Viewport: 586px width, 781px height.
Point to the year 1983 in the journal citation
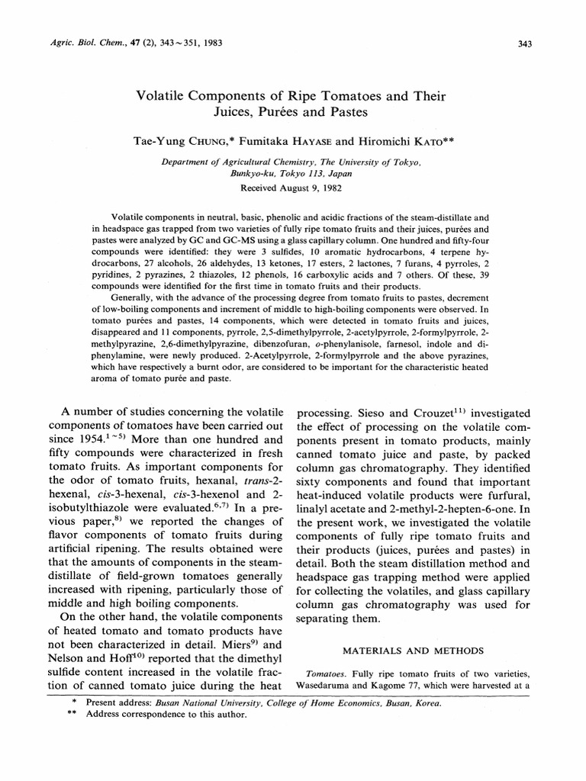(211, 43)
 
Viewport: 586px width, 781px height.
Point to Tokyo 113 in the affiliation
(310, 174)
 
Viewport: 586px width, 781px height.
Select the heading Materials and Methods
(412, 650)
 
